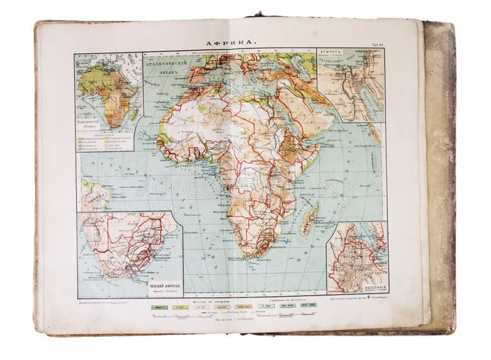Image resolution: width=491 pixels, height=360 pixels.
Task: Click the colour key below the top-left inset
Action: click(107, 139)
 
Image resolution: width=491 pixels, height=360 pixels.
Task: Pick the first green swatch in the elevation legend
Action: click(158, 307)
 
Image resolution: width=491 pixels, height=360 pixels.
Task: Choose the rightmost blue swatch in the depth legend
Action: click(309, 307)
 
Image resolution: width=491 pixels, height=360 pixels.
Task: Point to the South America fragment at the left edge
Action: click(93, 196)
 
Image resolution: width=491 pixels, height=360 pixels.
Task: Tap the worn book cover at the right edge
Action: click(440, 179)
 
